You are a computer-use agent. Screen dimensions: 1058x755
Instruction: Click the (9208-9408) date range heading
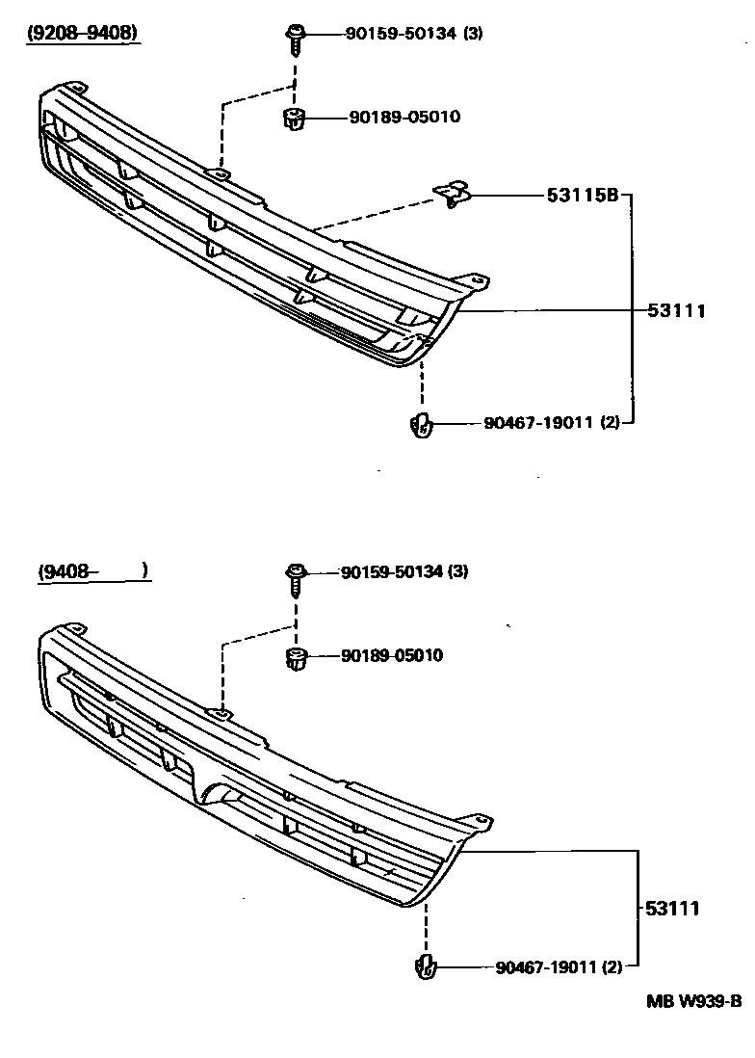pyautogui.click(x=81, y=34)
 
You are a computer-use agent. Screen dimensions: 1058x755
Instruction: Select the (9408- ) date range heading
pyautogui.click(x=92, y=571)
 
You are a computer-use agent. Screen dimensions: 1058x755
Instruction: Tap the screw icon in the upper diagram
pyautogui.click(x=293, y=39)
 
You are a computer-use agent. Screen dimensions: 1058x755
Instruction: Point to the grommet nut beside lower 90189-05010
pyautogui.click(x=297, y=660)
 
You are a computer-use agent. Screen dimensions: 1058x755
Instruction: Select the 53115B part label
pyautogui.click(x=582, y=195)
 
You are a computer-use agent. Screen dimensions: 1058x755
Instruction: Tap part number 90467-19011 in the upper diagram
pyautogui.click(x=529, y=422)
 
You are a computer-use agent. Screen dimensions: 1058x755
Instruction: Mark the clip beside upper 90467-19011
pyautogui.click(x=421, y=424)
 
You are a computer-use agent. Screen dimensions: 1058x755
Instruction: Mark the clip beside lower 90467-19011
pyautogui.click(x=425, y=966)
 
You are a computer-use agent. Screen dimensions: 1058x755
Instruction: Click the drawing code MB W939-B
pyautogui.click(x=693, y=1000)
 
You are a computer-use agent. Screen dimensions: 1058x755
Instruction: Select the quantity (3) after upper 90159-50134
pyautogui.click(x=473, y=34)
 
